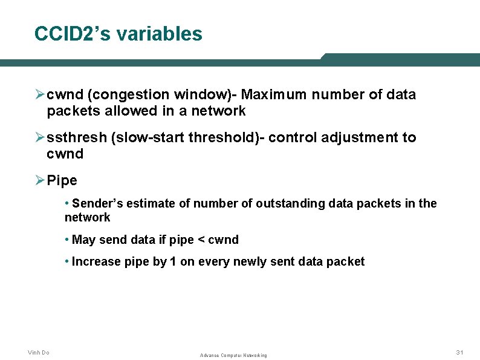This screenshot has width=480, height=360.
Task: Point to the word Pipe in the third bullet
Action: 62,181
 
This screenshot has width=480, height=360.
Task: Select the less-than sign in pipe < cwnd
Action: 199,240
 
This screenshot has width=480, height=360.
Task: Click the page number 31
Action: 460,352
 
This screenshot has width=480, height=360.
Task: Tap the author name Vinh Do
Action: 39,352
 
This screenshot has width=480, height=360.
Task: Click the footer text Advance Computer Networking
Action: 233,355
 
